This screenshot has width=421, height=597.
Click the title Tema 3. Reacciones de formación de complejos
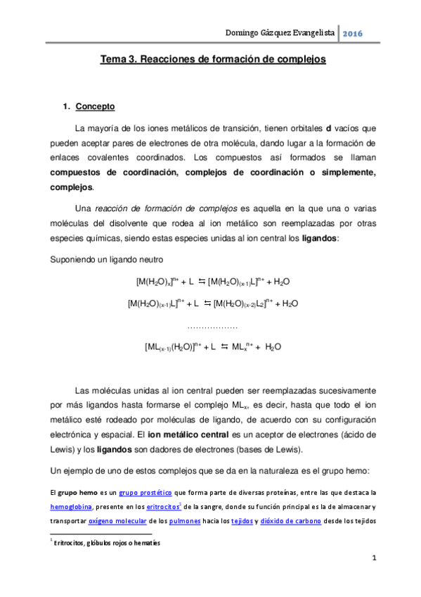[x=213, y=61]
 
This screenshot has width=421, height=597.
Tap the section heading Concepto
[x=95, y=107]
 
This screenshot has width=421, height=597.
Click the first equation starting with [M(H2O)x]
[x=213, y=282]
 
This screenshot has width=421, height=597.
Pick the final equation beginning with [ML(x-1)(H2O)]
[x=213, y=346]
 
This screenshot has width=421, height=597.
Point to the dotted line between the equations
[x=213, y=327]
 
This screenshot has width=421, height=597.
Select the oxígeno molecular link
[x=117, y=521]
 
